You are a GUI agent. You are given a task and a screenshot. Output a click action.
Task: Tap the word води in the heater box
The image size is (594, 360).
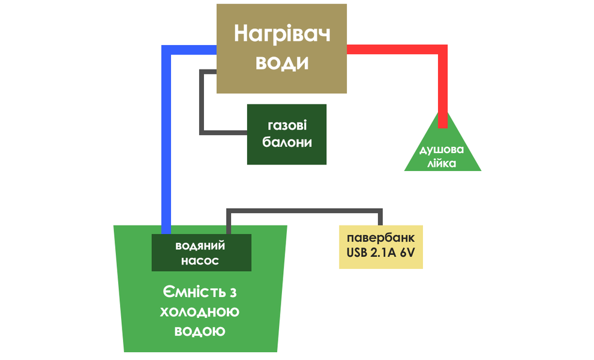pos(282,63)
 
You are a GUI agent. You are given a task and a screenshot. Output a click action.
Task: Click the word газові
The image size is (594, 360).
pos(287,125)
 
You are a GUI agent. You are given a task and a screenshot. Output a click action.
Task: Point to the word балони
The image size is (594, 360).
pos(287,143)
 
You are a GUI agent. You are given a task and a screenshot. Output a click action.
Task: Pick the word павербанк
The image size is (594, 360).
pos(381,238)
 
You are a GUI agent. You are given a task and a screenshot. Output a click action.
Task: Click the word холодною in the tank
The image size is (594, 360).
pos(200,312)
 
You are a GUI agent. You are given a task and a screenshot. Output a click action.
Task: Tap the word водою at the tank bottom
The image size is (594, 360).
pos(200,331)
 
